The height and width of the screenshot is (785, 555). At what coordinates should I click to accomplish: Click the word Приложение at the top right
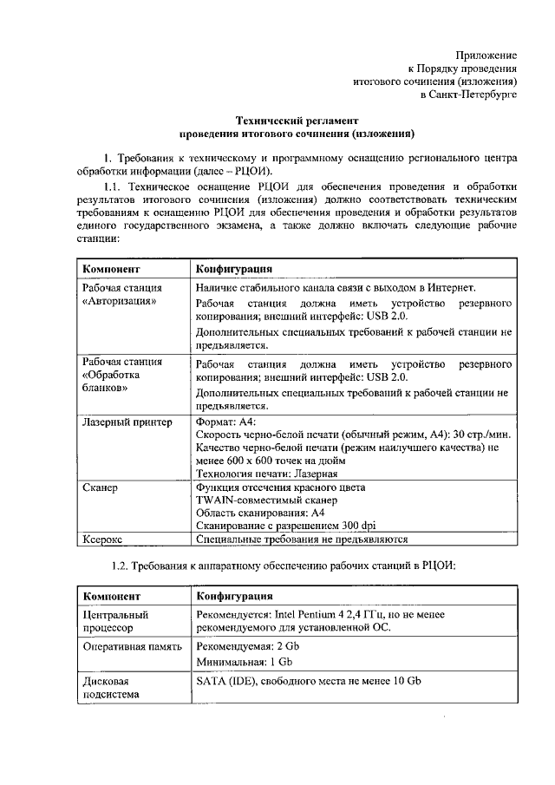pos(486,54)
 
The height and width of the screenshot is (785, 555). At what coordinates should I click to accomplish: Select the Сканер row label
pos(101,487)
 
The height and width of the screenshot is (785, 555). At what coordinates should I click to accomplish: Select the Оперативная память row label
pos(132,646)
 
